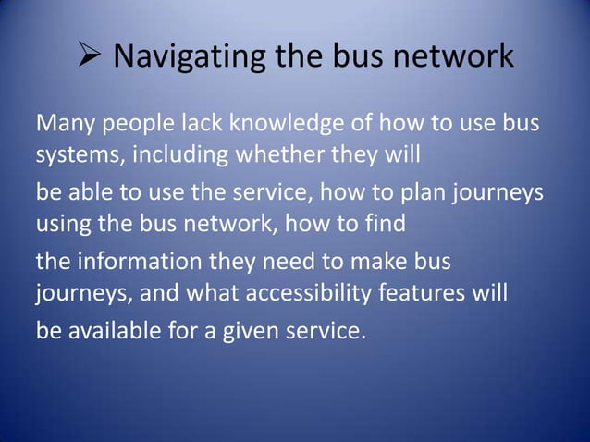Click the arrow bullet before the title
pyautogui.click(x=88, y=57)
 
